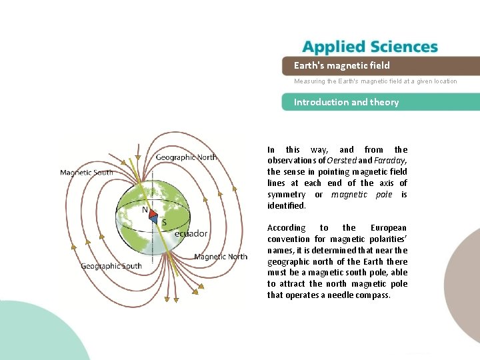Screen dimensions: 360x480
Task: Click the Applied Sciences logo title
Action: [370, 47]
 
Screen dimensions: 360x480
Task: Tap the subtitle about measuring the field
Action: [375, 81]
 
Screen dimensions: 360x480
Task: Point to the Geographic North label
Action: [186, 157]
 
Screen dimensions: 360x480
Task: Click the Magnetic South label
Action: [87, 173]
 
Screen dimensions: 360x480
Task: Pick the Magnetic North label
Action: [221, 257]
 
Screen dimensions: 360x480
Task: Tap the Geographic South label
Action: [111, 266]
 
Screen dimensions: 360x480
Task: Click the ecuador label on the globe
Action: [191, 233]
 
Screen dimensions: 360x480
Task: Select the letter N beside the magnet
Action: [145, 209]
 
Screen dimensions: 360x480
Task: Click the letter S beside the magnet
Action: [164, 223]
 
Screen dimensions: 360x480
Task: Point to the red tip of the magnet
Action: [152, 213]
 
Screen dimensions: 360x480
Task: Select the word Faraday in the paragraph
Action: [389, 161]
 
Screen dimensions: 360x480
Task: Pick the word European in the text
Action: [389, 228]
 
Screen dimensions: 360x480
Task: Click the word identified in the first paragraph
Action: [285, 206]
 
